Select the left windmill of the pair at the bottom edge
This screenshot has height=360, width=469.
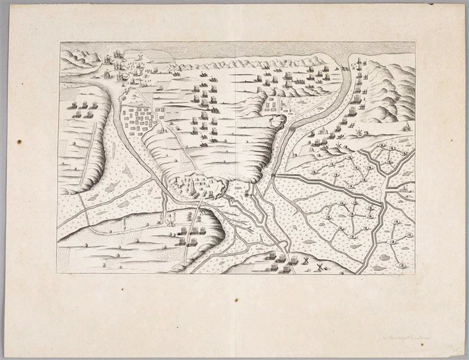tap(304, 262)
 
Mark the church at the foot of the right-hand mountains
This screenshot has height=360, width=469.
tap(405, 127)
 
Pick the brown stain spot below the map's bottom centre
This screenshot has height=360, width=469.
tap(236, 301)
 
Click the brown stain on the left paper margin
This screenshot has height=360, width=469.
tap(19, 142)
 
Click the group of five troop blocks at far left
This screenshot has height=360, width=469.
tap(84, 110)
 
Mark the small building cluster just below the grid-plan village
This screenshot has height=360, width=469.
tap(162, 129)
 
